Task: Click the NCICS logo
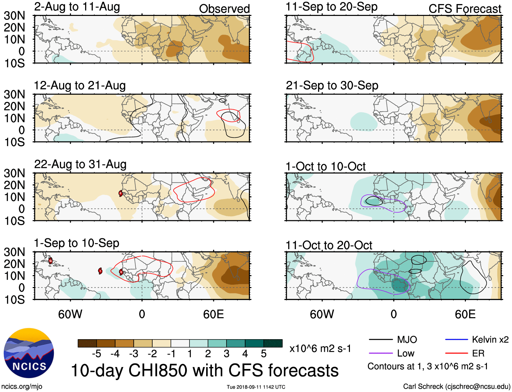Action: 29,353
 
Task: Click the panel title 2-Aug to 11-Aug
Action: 77,7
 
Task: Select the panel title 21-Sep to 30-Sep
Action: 332,85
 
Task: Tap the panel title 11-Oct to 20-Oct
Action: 329,245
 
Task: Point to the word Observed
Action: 224,9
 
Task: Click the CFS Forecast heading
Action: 465,9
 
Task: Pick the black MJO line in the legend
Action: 380,340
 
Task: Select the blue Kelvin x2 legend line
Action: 456,340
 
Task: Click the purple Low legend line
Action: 380,353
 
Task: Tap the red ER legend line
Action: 456,353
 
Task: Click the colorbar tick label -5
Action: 97,354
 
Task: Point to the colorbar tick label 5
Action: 263,354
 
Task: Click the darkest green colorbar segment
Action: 273,343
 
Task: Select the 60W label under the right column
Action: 322,314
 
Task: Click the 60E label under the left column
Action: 213,314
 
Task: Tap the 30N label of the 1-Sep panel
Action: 14,252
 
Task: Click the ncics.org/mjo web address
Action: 22,386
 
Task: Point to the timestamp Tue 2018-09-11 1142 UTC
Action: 256,387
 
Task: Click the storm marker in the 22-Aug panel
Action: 121,193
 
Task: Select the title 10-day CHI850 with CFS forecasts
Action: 205,370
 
